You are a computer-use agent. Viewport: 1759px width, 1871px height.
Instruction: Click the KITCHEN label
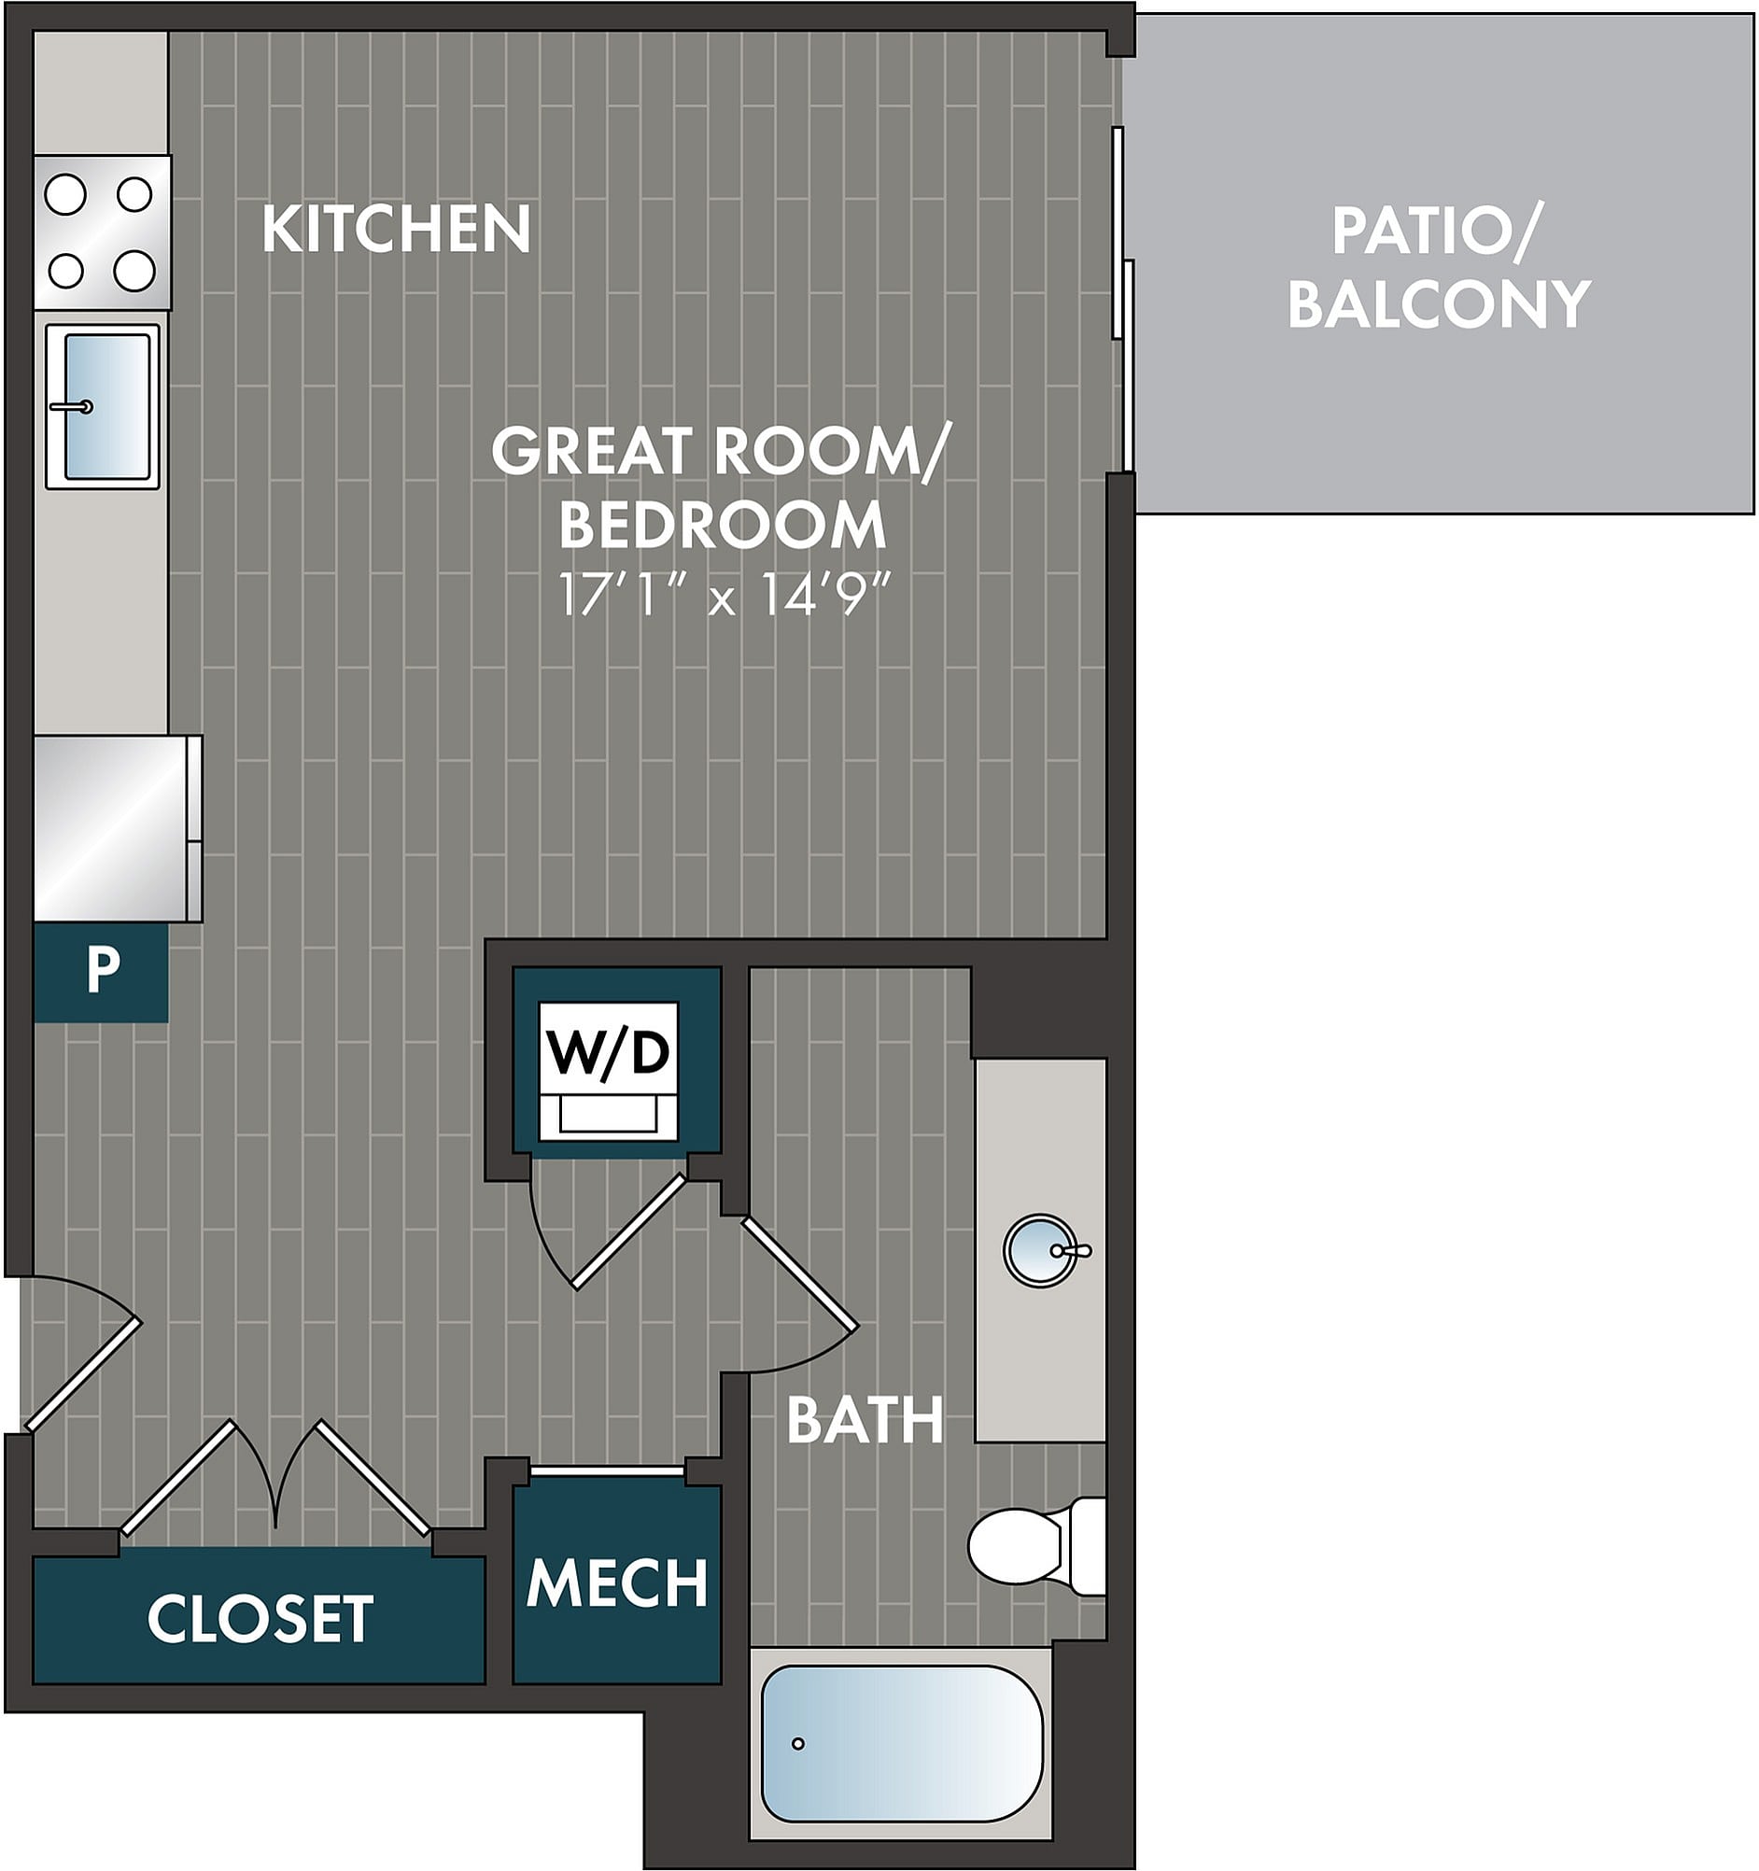click(396, 229)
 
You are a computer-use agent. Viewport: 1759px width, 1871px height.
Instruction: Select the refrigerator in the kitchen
click(118, 827)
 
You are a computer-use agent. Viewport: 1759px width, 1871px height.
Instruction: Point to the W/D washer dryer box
click(609, 1071)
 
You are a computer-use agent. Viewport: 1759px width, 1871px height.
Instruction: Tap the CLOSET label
click(260, 1619)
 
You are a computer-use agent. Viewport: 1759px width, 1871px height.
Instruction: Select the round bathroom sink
click(1039, 1250)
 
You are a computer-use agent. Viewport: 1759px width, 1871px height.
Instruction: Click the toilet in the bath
click(1037, 1545)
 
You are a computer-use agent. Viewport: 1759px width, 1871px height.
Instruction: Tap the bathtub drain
click(798, 1743)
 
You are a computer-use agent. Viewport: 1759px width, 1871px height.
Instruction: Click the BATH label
click(865, 1420)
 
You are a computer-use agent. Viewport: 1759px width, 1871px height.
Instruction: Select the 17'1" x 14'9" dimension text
click(724, 594)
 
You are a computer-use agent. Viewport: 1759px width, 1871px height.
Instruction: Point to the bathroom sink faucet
click(1071, 1251)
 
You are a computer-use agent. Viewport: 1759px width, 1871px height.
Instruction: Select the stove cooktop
click(103, 232)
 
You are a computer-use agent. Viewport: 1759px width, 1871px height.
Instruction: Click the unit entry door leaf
click(83, 1375)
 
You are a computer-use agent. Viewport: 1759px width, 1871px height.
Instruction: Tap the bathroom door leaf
click(800, 1275)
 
